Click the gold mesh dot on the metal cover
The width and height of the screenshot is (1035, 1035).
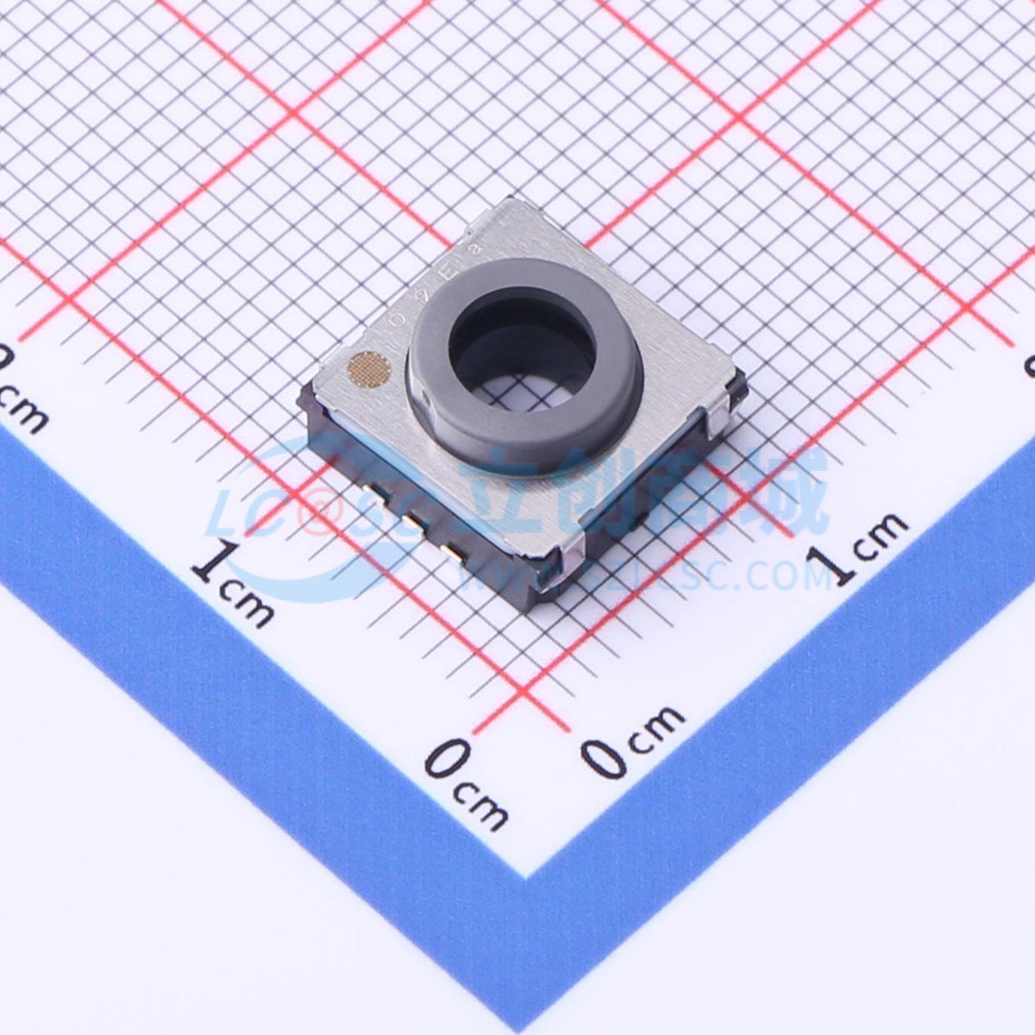pyautogui.click(x=370, y=369)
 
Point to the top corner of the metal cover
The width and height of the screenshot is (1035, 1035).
pyautogui.click(x=516, y=200)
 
